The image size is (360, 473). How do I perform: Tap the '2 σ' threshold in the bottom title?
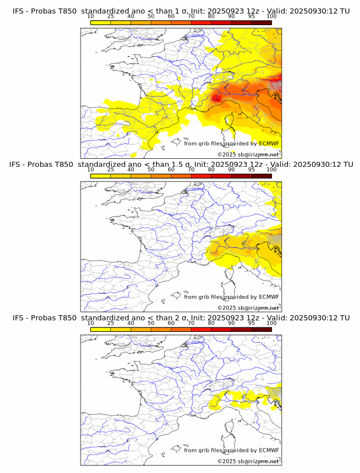pos(174,318)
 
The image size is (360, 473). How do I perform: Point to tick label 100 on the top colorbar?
pos(271,17)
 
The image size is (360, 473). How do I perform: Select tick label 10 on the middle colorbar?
pos(91,170)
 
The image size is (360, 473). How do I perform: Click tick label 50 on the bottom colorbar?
pos(151,323)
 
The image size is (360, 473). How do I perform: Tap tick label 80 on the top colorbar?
pos(211,17)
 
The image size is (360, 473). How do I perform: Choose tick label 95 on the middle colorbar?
pos(251,170)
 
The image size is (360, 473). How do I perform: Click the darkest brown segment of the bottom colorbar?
pos(261,329)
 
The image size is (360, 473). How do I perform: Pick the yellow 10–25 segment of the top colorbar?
pos(101,22)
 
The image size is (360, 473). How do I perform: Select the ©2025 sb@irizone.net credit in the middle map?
pos(248,308)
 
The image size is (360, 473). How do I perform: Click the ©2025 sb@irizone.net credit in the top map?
pos(248,155)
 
